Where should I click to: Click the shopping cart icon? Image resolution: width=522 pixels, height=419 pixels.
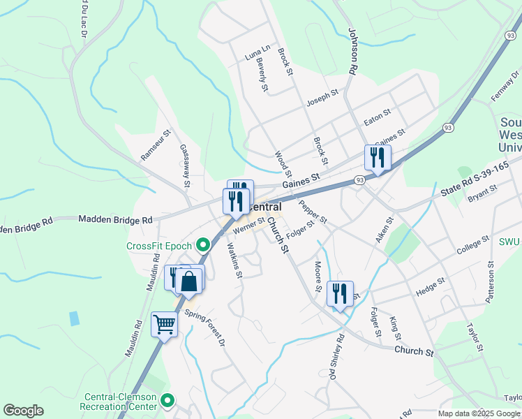point(164,323)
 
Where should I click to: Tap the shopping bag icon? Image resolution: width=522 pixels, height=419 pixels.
point(188,281)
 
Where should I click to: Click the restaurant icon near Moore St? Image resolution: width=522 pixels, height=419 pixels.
point(340,293)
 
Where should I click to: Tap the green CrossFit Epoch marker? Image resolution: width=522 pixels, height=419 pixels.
point(203,245)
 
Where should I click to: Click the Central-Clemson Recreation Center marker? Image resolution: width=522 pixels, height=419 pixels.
point(167,401)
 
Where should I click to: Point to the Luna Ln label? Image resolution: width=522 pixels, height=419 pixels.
point(257,52)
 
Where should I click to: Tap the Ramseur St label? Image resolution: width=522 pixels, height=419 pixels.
point(156,145)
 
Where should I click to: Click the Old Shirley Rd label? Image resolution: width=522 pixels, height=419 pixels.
point(336,357)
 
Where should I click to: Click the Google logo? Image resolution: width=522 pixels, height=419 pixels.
point(23,411)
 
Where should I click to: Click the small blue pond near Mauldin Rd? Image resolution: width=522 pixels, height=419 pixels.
point(74,318)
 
